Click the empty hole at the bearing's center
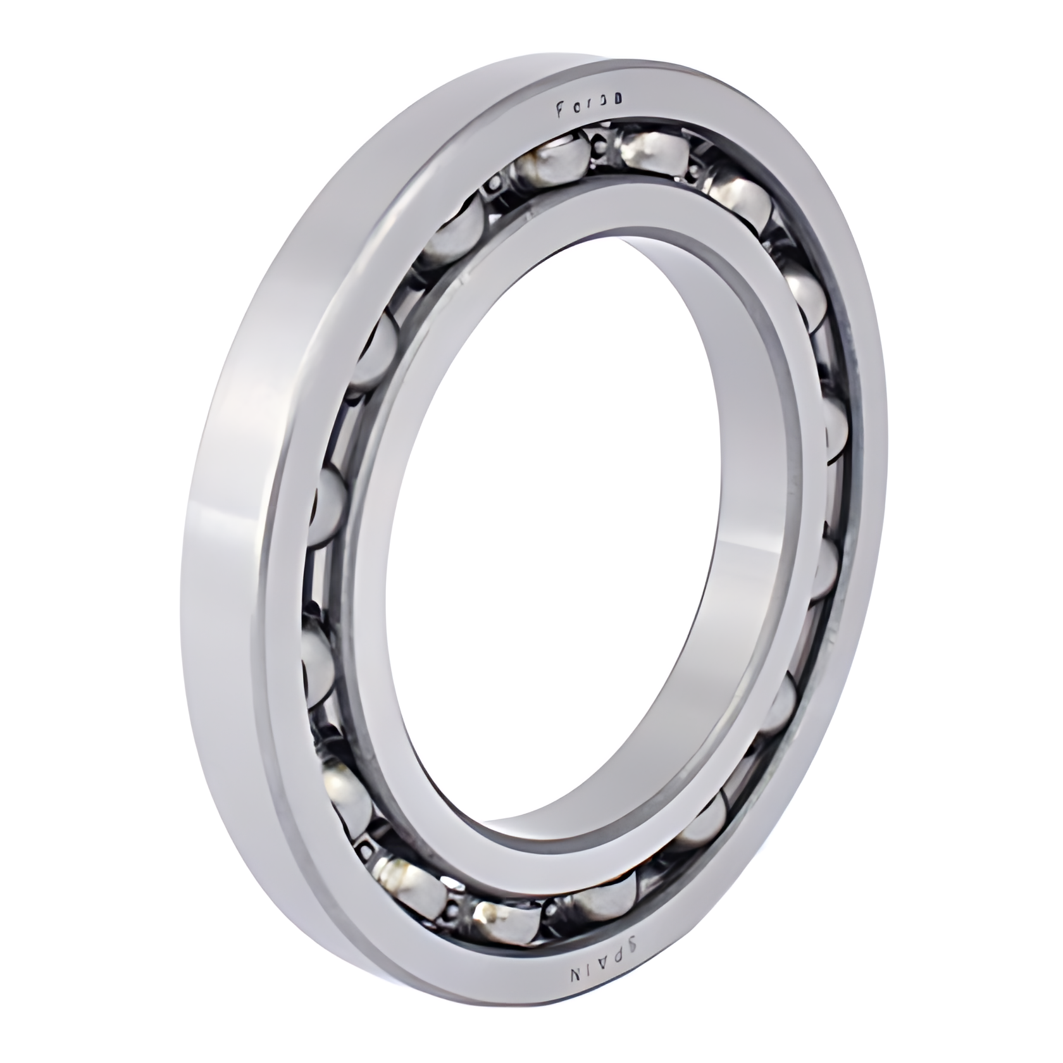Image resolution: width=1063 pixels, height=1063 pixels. coord(550,544)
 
